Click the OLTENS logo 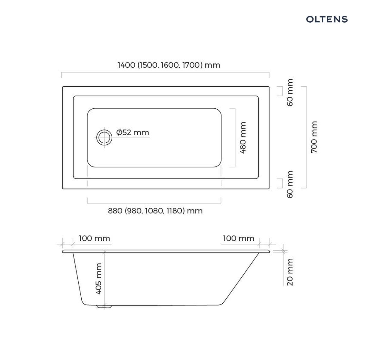click(x=327, y=19)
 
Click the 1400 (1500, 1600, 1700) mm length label click(x=169, y=65)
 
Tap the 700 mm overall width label click(x=314, y=137)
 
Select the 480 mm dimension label click(x=243, y=138)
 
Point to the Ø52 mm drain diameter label click(x=132, y=132)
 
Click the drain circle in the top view click(x=104, y=137)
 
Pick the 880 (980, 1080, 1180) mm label click(x=155, y=211)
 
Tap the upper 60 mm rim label click(x=290, y=92)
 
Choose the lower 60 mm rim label click(x=290, y=185)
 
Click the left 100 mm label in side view click(x=94, y=238)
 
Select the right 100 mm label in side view click(x=239, y=238)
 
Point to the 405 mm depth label click(x=98, y=279)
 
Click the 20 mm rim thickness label click(x=290, y=272)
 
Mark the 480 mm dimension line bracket click(x=235, y=138)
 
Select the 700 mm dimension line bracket click(x=306, y=137)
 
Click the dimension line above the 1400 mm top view click(x=165, y=73)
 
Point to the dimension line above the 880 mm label click(x=154, y=203)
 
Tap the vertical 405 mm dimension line click(x=104, y=279)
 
